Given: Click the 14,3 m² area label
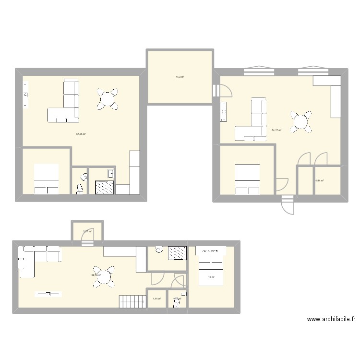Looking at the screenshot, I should [180, 77].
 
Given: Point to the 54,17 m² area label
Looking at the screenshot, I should [276, 130].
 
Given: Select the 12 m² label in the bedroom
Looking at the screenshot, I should [211, 277].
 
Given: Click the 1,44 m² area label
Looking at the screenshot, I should [156, 299].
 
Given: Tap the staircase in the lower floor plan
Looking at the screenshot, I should [132, 301].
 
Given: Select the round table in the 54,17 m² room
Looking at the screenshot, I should [301, 121].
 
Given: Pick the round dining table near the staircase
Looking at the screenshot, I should [103, 276].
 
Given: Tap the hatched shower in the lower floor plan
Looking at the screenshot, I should [177, 253].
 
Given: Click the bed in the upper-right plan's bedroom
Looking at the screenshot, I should [247, 179].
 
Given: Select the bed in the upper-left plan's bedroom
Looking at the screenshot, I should [46, 179].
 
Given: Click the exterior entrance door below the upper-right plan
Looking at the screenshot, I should [287, 205].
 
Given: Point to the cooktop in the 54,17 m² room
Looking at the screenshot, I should [223, 112].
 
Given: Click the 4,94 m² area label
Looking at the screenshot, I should [319, 180].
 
